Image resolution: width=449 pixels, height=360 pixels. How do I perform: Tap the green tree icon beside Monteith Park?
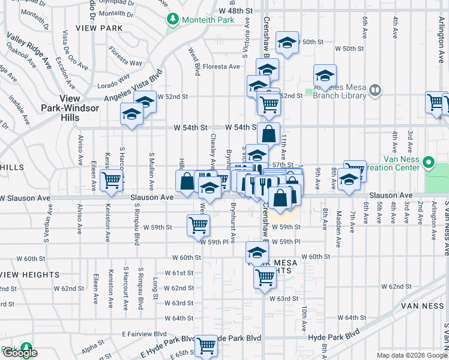click(173, 20)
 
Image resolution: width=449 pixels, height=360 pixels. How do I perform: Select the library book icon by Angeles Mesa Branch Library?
click(375, 91)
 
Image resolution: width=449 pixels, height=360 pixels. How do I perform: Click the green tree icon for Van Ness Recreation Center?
click(429, 163)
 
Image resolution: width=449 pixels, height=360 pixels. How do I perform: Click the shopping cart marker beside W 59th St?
click(198, 226)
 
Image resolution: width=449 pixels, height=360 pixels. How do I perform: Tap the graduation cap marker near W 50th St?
click(287, 43)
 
